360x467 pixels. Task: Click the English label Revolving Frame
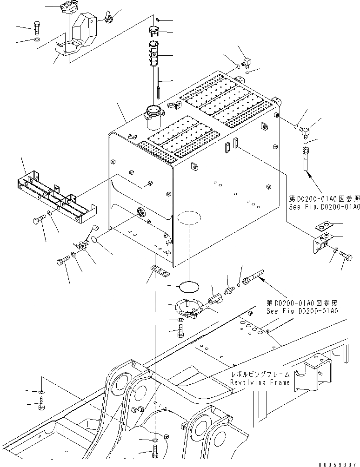[x=260, y=382]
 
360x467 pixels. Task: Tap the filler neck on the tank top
[x=153, y=116]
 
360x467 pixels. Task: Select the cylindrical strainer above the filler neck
[x=158, y=55]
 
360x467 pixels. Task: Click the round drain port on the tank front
[x=140, y=213]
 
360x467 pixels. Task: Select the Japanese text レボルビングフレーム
[x=260, y=374]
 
